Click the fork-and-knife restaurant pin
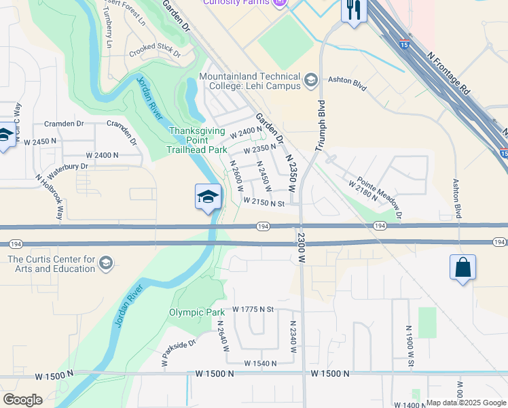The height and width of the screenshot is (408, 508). (x=353, y=10)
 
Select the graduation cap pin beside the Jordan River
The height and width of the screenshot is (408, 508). (x=208, y=197)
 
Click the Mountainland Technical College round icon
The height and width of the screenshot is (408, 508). (x=311, y=81)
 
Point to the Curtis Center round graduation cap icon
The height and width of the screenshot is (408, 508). (x=105, y=263)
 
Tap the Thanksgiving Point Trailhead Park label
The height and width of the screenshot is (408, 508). (x=198, y=140)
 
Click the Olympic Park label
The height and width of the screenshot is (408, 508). (x=196, y=313)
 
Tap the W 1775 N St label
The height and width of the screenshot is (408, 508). (x=252, y=309)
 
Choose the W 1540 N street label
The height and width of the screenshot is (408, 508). (x=255, y=363)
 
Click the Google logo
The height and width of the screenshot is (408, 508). (x=22, y=400)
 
